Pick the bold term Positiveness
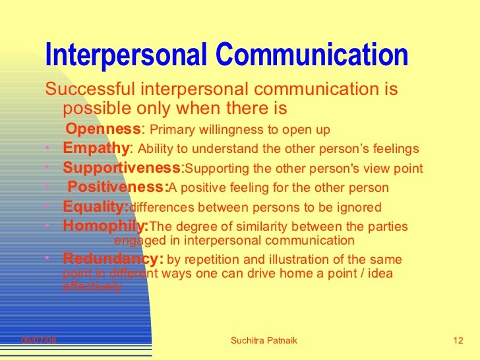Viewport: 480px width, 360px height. pos(118,187)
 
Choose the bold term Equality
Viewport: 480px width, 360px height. pos(95,207)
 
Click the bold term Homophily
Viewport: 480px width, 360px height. pos(105,227)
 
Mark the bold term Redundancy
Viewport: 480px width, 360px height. pos(112,258)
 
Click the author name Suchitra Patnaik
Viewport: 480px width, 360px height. pos(264,340)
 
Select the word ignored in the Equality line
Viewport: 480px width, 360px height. pos(361,208)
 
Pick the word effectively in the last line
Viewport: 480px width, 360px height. pos(92,287)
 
